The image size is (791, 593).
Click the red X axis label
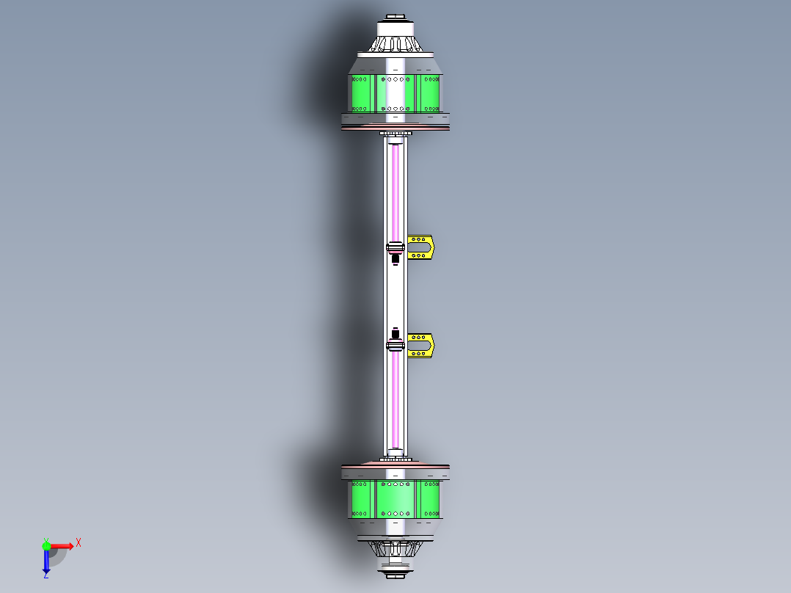79,542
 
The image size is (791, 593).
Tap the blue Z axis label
45,575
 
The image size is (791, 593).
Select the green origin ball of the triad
46,545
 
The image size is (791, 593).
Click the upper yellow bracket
421,247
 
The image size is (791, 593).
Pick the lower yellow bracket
421,346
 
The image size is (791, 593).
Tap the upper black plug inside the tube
395,258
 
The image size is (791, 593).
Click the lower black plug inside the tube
395,332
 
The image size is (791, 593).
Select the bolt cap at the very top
395,17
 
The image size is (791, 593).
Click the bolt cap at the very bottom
395,575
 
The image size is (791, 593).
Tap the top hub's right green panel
429,93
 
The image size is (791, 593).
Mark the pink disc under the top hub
395,128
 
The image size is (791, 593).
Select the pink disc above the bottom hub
395,465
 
